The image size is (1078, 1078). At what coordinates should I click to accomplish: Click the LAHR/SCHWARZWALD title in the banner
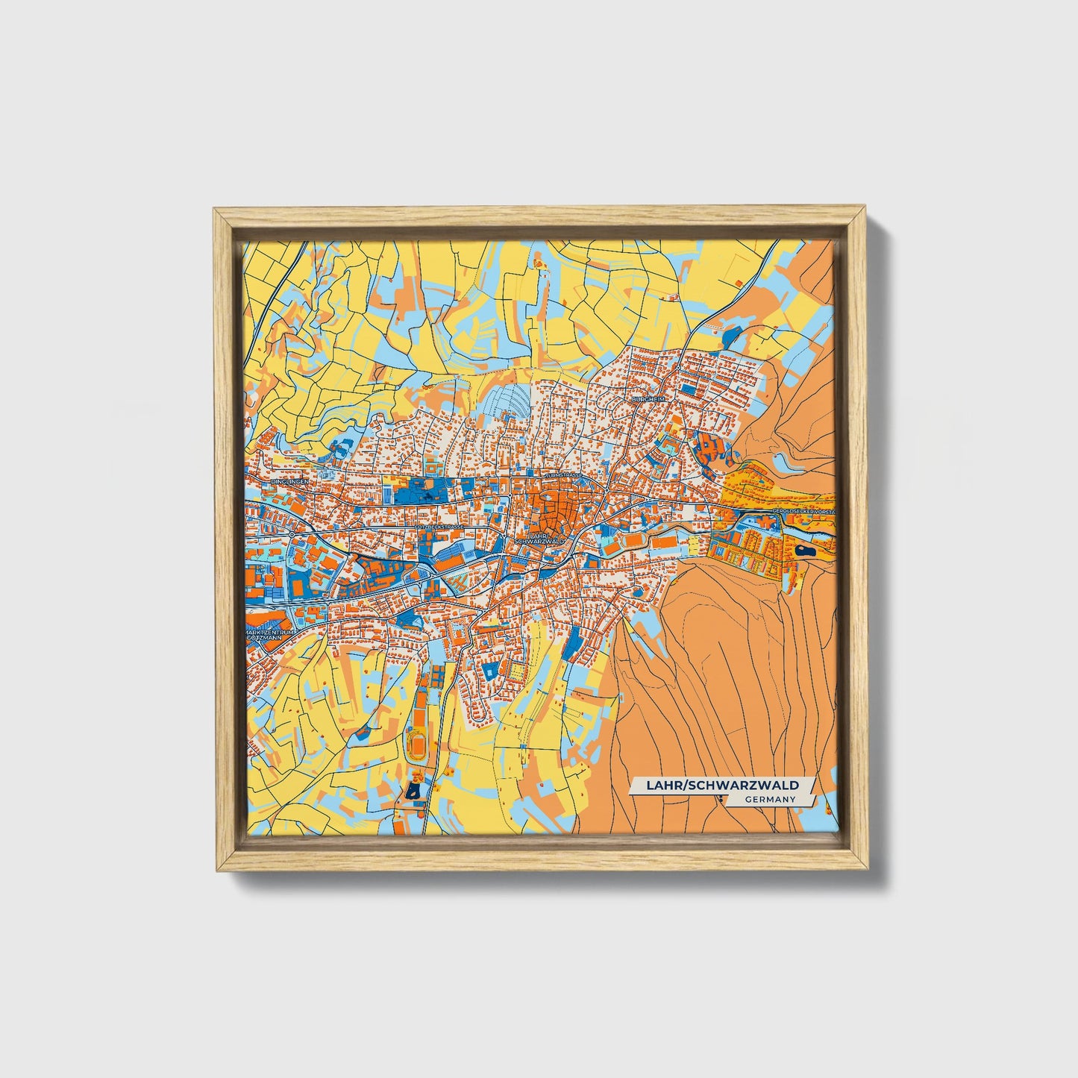[721, 785]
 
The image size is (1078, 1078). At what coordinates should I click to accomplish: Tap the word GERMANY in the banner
[768, 799]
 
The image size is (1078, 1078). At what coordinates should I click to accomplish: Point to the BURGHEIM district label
[646, 400]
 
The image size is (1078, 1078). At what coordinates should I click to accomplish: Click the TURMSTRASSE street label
[562, 474]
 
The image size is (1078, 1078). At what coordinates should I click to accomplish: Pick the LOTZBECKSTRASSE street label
[439, 527]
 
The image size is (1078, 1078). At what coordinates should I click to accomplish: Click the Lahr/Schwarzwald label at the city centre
[545, 538]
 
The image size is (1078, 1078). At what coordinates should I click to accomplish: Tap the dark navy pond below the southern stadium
[413, 793]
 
